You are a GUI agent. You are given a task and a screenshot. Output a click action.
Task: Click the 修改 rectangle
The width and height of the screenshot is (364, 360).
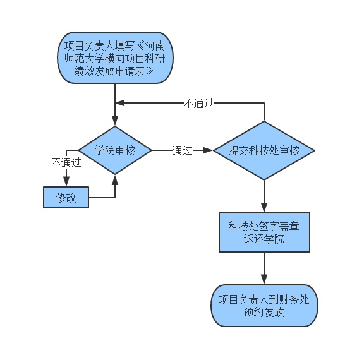pos(66,197)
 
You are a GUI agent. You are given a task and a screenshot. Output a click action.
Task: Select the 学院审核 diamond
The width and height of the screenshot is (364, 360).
pos(115,150)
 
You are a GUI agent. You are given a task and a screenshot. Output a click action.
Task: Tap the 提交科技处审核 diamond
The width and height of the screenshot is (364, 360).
pos(264,150)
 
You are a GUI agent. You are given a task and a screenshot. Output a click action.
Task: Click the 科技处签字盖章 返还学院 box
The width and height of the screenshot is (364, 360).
pos(264,232)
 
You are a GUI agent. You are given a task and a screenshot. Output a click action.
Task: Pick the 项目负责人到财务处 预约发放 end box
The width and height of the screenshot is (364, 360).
pos(264,306)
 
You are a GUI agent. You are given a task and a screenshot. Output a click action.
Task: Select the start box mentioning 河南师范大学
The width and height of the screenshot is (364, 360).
pos(115,57)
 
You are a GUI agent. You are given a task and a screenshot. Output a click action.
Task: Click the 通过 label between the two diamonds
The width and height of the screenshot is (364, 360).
pos(182,150)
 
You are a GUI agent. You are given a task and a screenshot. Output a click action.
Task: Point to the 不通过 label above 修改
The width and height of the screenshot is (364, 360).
pos(66,162)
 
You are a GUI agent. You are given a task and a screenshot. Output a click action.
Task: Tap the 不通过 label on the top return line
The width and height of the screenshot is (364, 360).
pos(198,103)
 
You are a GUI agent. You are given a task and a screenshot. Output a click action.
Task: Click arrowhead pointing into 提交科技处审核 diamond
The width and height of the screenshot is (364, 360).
pos(208,150)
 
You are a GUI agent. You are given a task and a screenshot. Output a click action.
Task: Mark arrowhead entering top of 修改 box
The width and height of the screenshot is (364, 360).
pos(66,182)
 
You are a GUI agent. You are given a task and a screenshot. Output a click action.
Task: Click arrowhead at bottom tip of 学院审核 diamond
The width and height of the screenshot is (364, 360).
pos(115,180)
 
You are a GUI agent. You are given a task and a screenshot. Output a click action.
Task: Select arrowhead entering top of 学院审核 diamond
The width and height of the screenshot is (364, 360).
pos(115,121)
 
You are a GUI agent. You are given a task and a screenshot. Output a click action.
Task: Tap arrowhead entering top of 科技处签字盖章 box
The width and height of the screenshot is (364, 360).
pos(264,208)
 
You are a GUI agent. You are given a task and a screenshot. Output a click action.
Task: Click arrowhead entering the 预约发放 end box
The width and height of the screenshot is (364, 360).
pos(264,280)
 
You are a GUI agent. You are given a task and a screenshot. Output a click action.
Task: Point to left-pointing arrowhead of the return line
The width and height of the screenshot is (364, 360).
pos(120,103)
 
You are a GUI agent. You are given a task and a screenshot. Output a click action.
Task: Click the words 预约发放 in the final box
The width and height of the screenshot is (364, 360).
pos(264,312)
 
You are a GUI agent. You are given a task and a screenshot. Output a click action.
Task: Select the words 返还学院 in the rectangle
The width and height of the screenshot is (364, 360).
pos(264,239)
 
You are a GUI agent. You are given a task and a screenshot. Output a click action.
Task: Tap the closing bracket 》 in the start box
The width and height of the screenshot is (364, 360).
pos(150,71)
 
